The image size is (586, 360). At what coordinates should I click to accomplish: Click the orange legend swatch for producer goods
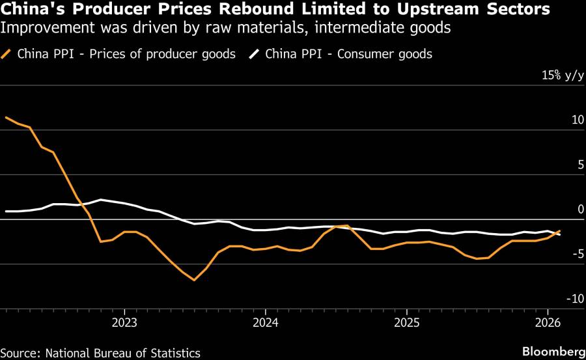[x=7, y=54]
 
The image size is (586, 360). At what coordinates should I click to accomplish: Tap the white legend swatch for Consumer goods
[x=254, y=54]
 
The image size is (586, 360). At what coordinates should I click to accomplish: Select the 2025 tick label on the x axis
[x=406, y=322]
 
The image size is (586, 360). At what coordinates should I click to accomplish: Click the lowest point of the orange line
[x=194, y=280]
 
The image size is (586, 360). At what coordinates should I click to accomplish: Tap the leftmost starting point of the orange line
[x=6, y=117]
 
